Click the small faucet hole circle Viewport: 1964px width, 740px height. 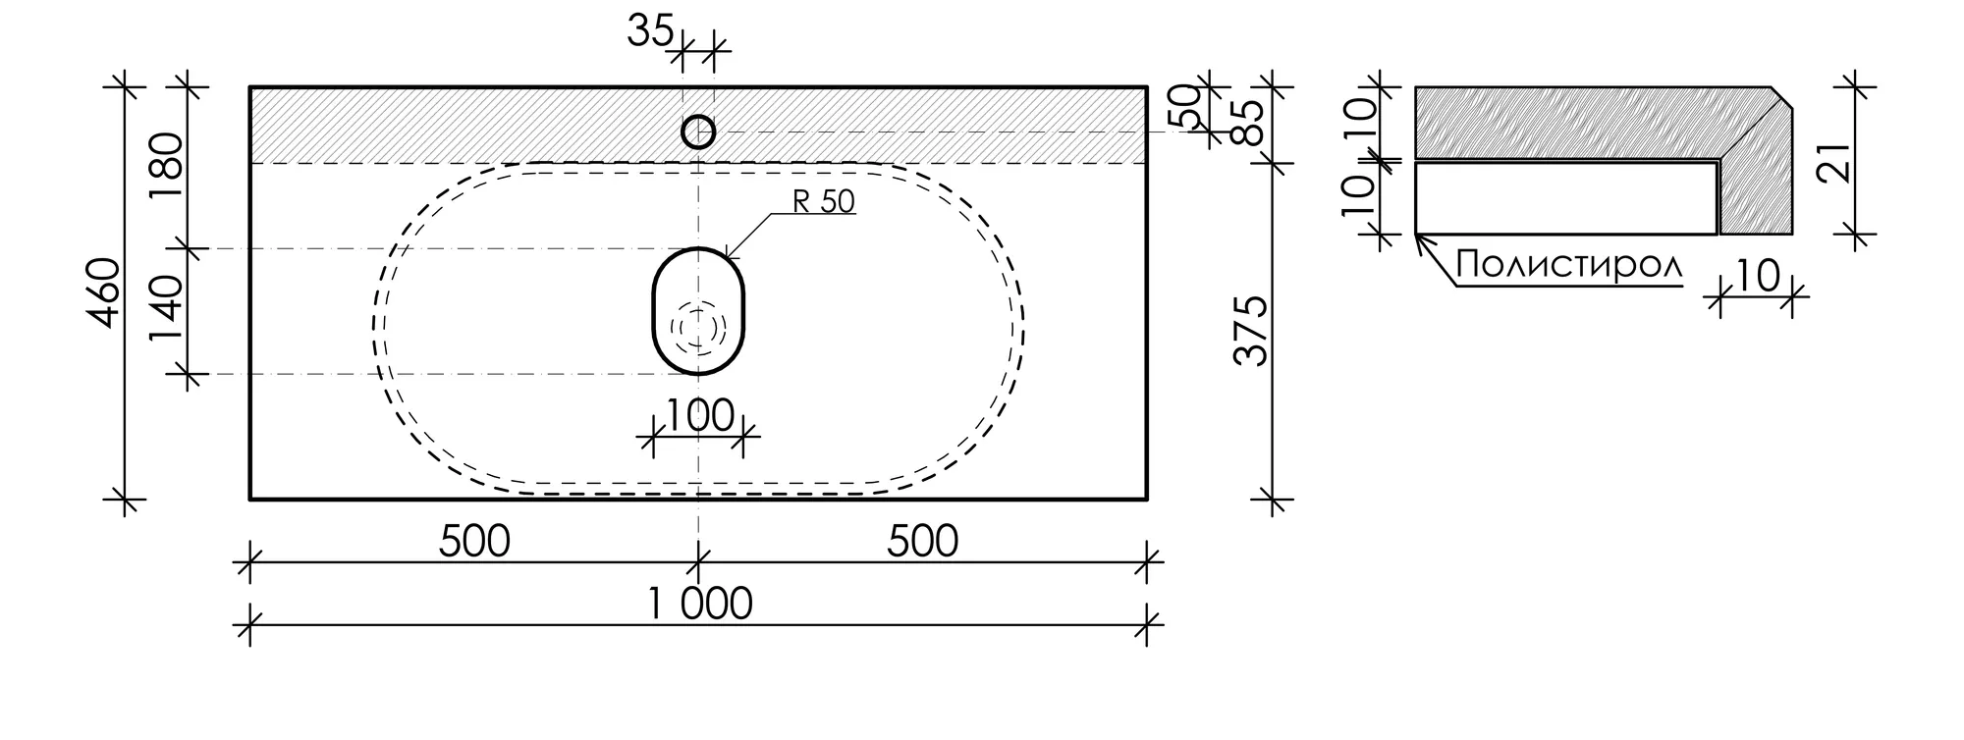click(698, 118)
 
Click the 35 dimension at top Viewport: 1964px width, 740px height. click(650, 32)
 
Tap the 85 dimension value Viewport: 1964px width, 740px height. click(1252, 122)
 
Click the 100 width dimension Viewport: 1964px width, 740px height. click(699, 415)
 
